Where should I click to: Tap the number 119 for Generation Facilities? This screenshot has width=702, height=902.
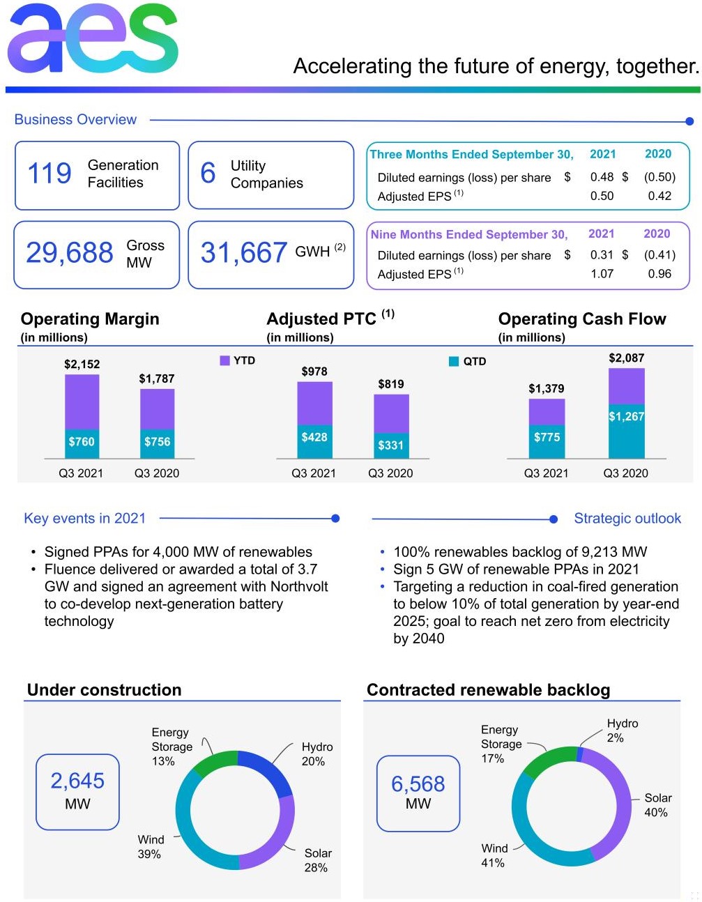[x=49, y=173]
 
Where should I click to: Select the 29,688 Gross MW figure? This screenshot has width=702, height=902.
[x=69, y=252]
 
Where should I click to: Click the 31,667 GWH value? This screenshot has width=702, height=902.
[x=244, y=252]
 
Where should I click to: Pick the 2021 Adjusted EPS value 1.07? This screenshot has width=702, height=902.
[x=602, y=274]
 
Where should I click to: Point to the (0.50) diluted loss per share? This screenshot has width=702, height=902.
[x=659, y=177]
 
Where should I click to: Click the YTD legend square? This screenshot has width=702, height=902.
[x=224, y=360]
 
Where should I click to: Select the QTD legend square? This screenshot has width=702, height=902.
[x=454, y=361]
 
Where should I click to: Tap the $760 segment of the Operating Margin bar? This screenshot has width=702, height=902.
[x=82, y=444]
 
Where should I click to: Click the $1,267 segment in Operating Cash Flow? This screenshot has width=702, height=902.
[x=626, y=431]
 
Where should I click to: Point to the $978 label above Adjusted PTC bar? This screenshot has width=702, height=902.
[x=314, y=372]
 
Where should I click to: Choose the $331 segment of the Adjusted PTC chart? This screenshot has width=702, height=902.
[x=391, y=445]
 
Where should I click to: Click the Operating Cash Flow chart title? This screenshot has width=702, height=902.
[x=581, y=319]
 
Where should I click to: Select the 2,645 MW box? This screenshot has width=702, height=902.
[x=77, y=792]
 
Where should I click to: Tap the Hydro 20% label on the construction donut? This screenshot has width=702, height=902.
[x=316, y=754]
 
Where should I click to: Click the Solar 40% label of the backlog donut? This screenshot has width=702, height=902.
[x=657, y=805]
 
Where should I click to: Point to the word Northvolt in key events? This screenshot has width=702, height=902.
[x=299, y=586]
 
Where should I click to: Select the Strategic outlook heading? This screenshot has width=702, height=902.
[x=627, y=519]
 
